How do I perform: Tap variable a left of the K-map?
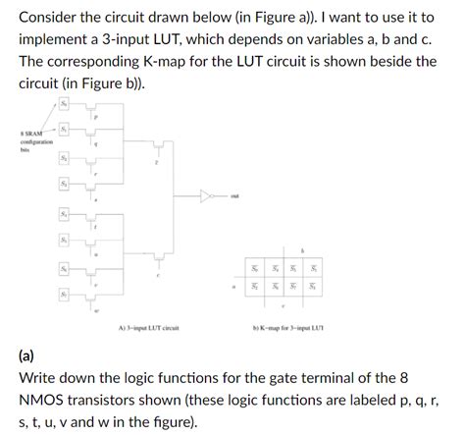click(233, 288)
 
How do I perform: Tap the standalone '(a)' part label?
click(29, 355)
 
